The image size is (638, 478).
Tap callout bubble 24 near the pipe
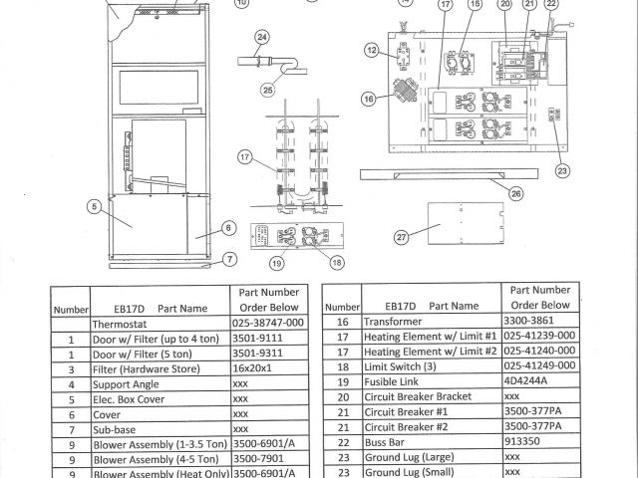pyautogui.click(x=262, y=38)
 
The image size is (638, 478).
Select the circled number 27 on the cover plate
pyautogui.click(x=402, y=237)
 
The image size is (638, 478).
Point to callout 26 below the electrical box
pyautogui.click(x=515, y=193)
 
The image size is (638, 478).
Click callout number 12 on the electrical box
pyautogui.click(x=371, y=50)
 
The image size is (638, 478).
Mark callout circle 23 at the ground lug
pyautogui.click(x=563, y=169)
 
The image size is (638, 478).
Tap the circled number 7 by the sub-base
pyautogui.click(x=229, y=259)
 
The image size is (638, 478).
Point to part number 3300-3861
pyautogui.click(x=534, y=322)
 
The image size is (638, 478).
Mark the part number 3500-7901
pyautogui.click(x=260, y=460)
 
